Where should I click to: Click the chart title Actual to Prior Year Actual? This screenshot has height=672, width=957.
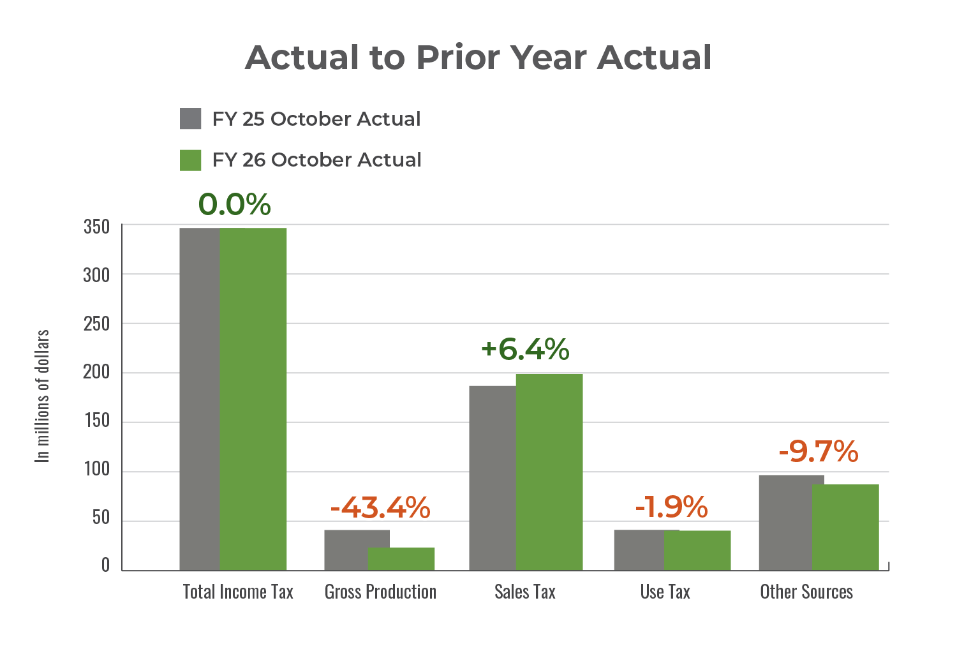(478, 57)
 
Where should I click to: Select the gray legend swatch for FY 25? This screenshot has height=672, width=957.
(191, 119)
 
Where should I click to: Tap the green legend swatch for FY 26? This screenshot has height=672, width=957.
(191, 160)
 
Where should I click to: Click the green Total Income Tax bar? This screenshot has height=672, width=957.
(253, 399)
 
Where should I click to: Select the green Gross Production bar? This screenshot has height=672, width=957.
(401, 558)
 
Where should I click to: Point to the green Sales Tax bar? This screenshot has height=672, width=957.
(549, 472)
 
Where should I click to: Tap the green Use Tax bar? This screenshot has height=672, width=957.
(697, 550)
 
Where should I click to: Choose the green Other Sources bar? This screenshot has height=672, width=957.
(845, 527)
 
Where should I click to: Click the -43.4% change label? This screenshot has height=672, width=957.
(380, 507)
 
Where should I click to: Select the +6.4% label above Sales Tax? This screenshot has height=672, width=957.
(525, 349)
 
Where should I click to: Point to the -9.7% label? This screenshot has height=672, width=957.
(819, 452)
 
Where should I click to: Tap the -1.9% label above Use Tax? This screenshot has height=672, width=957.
(671, 507)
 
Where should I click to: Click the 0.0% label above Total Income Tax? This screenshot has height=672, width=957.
(234, 204)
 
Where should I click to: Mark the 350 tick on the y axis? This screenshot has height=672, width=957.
(96, 227)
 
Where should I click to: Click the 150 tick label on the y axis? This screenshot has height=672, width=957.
(96, 421)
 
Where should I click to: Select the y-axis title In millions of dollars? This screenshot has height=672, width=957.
(42, 396)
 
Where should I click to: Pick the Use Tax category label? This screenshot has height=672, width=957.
(665, 592)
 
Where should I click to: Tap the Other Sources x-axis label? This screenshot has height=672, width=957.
(806, 592)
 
